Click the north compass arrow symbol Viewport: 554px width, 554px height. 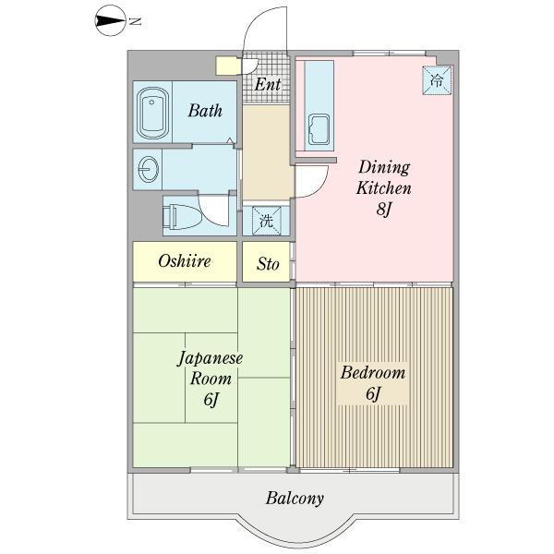(x=110, y=21)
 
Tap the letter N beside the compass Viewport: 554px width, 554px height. (x=135, y=21)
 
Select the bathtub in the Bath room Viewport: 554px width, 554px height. (x=152, y=113)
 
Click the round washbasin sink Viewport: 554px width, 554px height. (x=148, y=169)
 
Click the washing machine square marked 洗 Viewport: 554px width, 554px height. (x=266, y=222)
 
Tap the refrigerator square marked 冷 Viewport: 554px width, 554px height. (x=438, y=80)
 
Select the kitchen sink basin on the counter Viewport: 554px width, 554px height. (x=319, y=129)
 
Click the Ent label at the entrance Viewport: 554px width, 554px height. (x=268, y=85)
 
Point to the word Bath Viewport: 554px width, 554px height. (x=205, y=110)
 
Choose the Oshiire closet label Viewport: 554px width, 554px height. (x=184, y=261)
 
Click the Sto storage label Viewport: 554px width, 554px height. (x=268, y=263)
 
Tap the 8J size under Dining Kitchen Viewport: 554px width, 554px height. (x=384, y=210)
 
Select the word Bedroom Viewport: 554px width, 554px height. (x=373, y=373)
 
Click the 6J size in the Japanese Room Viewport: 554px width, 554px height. (x=211, y=399)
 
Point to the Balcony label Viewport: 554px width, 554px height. (x=295, y=499)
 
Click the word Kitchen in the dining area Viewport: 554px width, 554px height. (x=384, y=187)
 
